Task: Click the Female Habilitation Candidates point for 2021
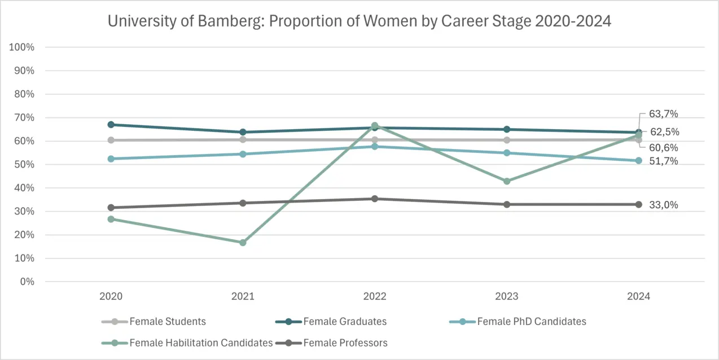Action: [243, 243]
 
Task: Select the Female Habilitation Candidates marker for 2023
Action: [507, 181]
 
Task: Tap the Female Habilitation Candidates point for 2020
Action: [111, 219]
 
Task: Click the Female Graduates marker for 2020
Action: [111, 125]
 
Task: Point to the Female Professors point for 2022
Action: [375, 199]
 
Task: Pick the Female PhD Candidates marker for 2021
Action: [243, 154]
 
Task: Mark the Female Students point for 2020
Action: [111, 140]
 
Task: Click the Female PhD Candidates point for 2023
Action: [507, 153]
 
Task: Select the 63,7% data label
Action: [664, 114]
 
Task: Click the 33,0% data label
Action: [664, 205]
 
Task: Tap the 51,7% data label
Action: [664, 161]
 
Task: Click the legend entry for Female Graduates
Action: [345, 322]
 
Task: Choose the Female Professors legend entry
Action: [345, 343]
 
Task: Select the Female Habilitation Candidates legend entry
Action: [201, 343]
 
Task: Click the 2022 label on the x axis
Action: [375, 296]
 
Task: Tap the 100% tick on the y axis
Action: [23, 47]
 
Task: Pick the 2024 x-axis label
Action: [638, 296]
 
